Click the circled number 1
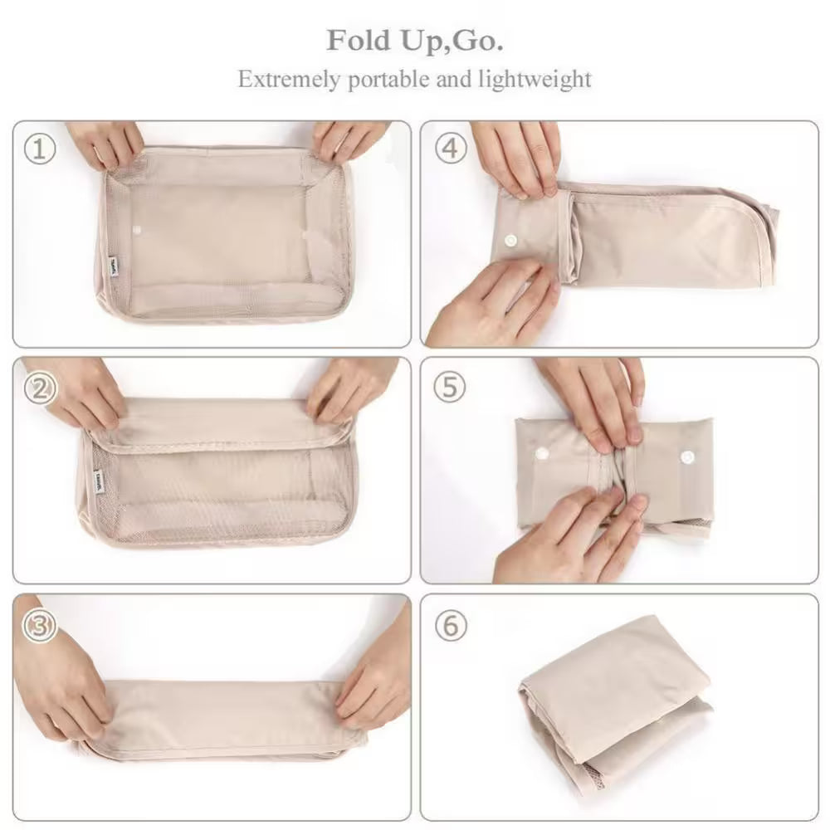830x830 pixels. [39, 149]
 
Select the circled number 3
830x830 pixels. [39, 625]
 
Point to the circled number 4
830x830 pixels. [451, 149]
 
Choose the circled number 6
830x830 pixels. [451, 625]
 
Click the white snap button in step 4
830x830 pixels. [508, 240]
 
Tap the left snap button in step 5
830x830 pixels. [544, 453]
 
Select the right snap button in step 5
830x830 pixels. [686, 456]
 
